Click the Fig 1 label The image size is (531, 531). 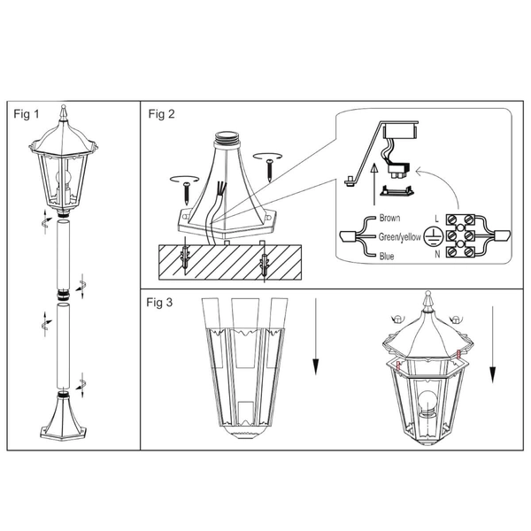click(27, 114)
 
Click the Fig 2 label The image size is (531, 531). click(162, 114)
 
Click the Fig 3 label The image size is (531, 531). click(159, 303)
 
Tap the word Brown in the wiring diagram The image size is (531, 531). click(389, 218)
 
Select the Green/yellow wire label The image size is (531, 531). click(400, 237)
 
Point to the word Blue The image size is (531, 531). click(387, 256)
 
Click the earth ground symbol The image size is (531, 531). click(434, 236)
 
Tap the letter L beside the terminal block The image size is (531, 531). click(437, 219)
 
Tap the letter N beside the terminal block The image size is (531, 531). click(437, 254)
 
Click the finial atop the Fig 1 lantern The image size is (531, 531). click(63, 112)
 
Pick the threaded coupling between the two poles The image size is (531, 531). click(63, 295)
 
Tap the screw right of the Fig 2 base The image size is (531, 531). click(270, 171)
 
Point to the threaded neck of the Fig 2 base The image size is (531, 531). click(227, 137)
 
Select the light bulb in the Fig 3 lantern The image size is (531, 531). click(427, 403)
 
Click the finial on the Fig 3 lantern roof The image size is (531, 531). click(428, 301)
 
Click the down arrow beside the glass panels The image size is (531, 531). click(316, 336)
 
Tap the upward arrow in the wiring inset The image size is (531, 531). click(373, 185)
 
